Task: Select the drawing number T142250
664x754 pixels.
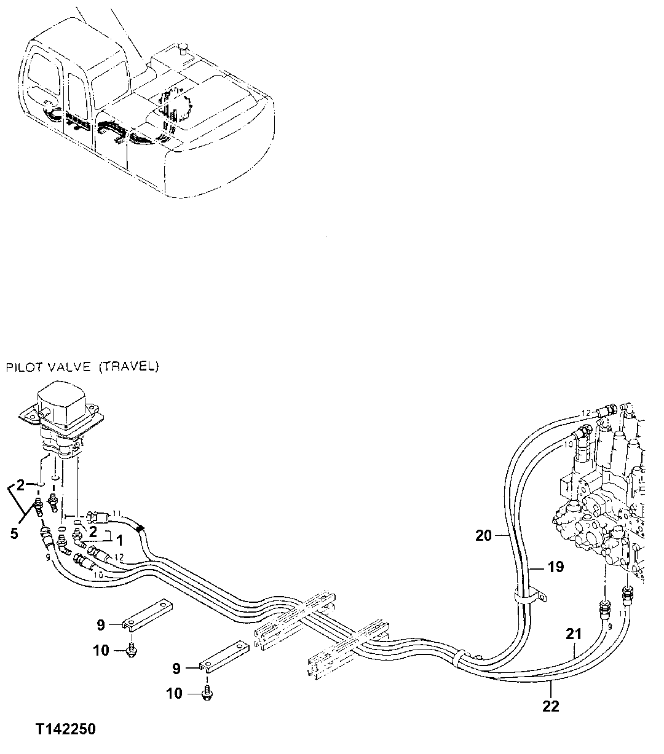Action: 65,729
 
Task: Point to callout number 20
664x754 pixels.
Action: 484,535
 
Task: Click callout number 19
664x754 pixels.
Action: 555,567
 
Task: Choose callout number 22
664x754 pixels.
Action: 551,706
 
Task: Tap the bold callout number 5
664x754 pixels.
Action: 14,533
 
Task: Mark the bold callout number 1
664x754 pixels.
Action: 120,541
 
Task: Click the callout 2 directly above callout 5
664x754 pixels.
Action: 20,485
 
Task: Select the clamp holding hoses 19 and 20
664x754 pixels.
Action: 528,595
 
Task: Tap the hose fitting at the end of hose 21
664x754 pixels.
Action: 603,611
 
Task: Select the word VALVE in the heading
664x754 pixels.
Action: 69,367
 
